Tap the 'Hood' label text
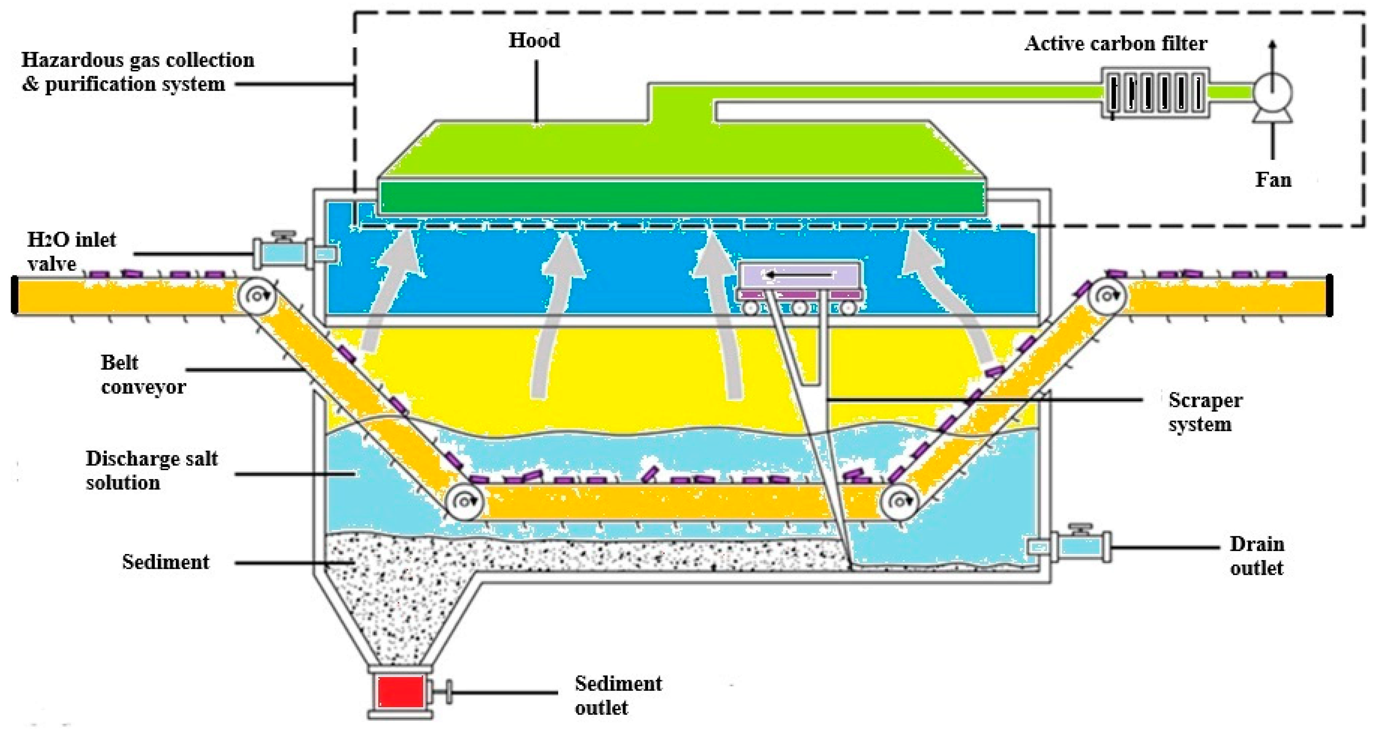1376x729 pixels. (x=534, y=40)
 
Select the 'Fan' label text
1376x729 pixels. (x=1273, y=180)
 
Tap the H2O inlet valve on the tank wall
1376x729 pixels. (x=283, y=251)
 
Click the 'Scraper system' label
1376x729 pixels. (x=1205, y=412)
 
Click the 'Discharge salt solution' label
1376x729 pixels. (x=152, y=470)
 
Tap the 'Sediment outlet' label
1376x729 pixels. (x=618, y=695)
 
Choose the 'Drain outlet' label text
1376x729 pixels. (x=1256, y=556)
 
